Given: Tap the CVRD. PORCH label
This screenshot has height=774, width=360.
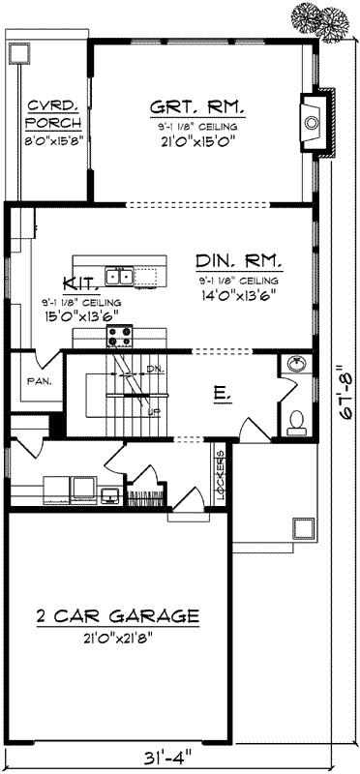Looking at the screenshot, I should (x=45, y=114).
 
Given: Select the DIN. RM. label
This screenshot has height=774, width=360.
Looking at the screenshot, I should (x=238, y=261).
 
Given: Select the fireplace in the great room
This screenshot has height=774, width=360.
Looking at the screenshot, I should (x=314, y=124).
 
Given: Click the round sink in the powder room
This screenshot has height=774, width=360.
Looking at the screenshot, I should (x=296, y=365).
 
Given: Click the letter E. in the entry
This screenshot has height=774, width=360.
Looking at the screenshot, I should (x=221, y=395).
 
